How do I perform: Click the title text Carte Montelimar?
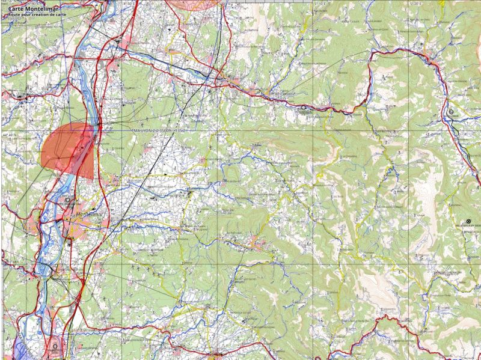coord(33,9)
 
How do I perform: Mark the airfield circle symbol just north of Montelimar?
coord(67,200)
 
